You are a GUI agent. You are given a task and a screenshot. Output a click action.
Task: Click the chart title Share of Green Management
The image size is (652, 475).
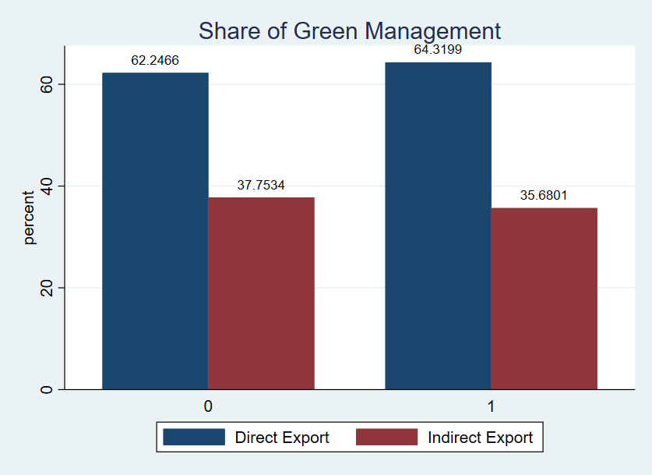pyautogui.click(x=349, y=30)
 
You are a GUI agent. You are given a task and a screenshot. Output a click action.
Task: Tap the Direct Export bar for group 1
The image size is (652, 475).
pyautogui.click(x=438, y=225)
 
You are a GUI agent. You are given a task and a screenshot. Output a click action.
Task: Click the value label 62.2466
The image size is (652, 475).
pyautogui.click(x=155, y=60)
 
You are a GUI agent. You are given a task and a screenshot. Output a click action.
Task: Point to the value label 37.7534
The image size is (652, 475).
pyautogui.click(x=261, y=185)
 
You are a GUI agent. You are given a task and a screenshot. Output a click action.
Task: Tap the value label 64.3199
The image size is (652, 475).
pyautogui.click(x=438, y=50)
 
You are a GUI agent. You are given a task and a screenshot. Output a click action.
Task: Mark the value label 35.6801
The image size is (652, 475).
pyautogui.click(x=544, y=195)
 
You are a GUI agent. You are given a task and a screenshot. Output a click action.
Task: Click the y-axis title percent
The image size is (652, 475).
pyautogui.click(x=29, y=218)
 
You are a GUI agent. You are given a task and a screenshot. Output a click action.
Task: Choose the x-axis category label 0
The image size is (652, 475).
pyautogui.click(x=208, y=406)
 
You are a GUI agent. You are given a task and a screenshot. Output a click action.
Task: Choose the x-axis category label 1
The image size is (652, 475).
pyautogui.click(x=491, y=406)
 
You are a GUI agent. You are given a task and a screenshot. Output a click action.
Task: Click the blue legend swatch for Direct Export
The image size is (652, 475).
pyautogui.click(x=194, y=437)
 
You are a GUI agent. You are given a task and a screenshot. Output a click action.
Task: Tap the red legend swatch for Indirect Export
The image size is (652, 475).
pyautogui.click(x=386, y=437)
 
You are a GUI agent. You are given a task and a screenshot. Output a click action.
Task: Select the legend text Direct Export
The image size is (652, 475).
pyautogui.click(x=282, y=438)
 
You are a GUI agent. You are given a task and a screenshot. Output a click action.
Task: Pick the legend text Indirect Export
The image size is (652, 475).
pyautogui.click(x=480, y=438)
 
